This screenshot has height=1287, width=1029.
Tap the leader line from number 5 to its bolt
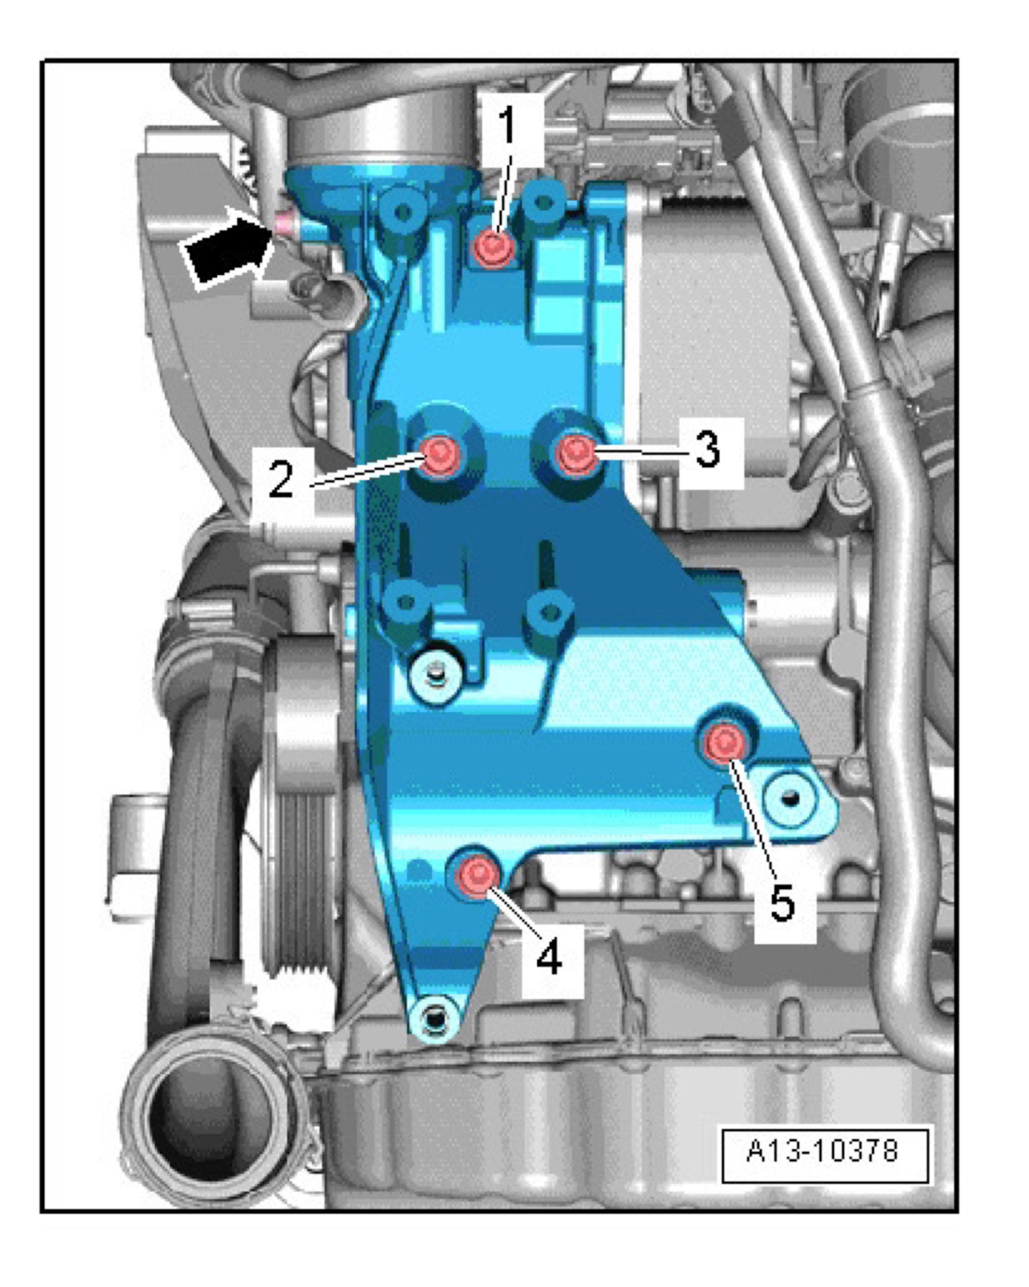(x=754, y=819)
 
